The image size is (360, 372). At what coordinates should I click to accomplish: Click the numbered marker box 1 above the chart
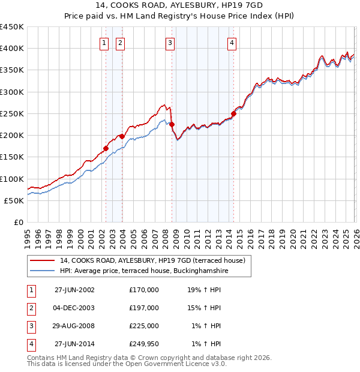(x=104, y=43)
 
